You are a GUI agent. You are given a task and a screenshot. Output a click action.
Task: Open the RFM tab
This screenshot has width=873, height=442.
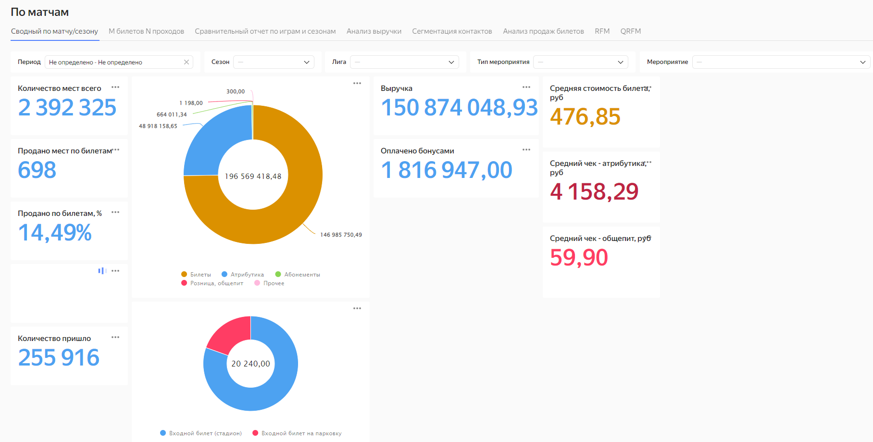(602, 31)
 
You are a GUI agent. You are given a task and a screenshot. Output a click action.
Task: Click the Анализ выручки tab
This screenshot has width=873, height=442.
(374, 31)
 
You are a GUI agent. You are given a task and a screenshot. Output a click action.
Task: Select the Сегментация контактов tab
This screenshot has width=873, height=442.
(452, 31)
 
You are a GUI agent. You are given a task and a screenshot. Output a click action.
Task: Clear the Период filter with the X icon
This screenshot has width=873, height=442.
(187, 62)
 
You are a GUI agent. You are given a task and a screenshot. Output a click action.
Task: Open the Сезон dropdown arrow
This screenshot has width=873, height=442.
(307, 62)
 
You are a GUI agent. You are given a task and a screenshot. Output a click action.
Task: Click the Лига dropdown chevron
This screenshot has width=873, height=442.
(451, 62)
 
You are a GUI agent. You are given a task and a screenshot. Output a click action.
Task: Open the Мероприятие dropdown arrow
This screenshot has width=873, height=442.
(862, 62)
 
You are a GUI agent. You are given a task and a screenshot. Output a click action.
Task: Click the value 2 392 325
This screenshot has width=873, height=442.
(67, 107)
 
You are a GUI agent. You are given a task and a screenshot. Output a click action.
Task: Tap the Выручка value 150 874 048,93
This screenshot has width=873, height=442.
(459, 107)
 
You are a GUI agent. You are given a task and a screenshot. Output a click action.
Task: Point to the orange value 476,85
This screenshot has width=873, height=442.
(585, 116)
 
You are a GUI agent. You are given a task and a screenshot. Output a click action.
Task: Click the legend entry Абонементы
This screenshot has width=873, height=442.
(298, 275)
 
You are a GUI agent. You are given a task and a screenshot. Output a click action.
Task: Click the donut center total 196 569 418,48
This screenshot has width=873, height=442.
(253, 177)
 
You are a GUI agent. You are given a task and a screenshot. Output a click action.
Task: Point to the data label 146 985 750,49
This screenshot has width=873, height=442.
(341, 235)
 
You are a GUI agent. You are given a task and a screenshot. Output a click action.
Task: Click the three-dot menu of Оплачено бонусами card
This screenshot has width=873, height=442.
(526, 150)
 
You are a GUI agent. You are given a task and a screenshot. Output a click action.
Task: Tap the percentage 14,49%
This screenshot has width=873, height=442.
(55, 232)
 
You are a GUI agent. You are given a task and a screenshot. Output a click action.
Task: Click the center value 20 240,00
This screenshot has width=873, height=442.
(250, 364)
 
